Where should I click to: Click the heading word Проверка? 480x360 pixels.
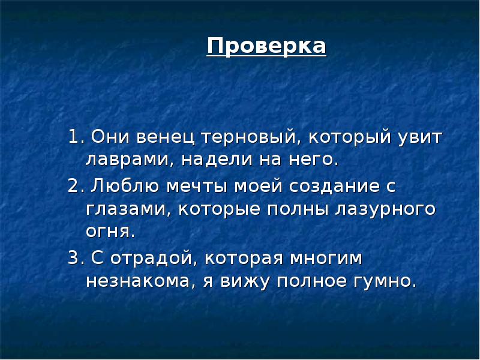click(267, 46)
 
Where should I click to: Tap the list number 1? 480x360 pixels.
click(73, 137)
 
